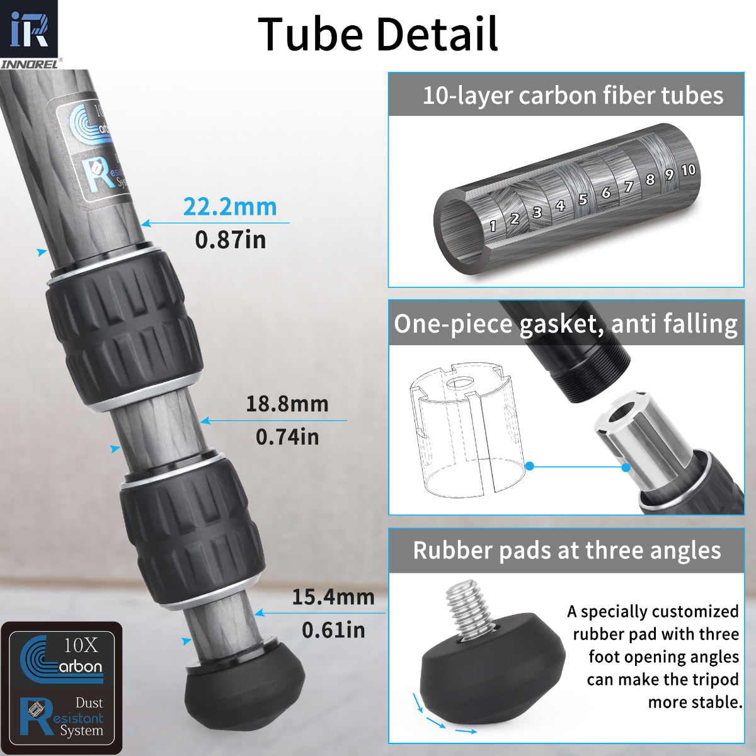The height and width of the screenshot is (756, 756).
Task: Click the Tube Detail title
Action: pyautogui.click(x=378, y=34)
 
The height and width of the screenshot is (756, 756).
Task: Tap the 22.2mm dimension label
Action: pyautogui.click(x=230, y=207)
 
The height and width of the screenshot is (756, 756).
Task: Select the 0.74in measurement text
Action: pyautogui.click(x=287, y=437)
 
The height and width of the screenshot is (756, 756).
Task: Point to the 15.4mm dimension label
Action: pyautogui.click(x=333, y=597)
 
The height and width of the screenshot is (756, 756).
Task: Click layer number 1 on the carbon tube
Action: pyautogui.click(x=493, y=226)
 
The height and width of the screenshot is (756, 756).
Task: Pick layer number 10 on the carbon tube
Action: pyautogui.click(x=688, y=169)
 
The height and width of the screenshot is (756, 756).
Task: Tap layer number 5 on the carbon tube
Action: pyautogui.click(x=583, y=199)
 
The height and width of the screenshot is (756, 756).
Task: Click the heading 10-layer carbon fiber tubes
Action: pyautogui.click(x=572, y=96)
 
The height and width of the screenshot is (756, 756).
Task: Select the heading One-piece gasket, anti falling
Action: pyautogui.click(x=566, y=324)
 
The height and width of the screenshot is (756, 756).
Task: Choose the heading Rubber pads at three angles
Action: pyautogui.click(x=566, y=551)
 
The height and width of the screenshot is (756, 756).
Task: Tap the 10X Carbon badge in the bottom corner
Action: pyautogui.click(x=62, y=658)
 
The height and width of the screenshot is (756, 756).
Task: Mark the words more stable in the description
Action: pyautogui.click(x=695, y=702)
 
